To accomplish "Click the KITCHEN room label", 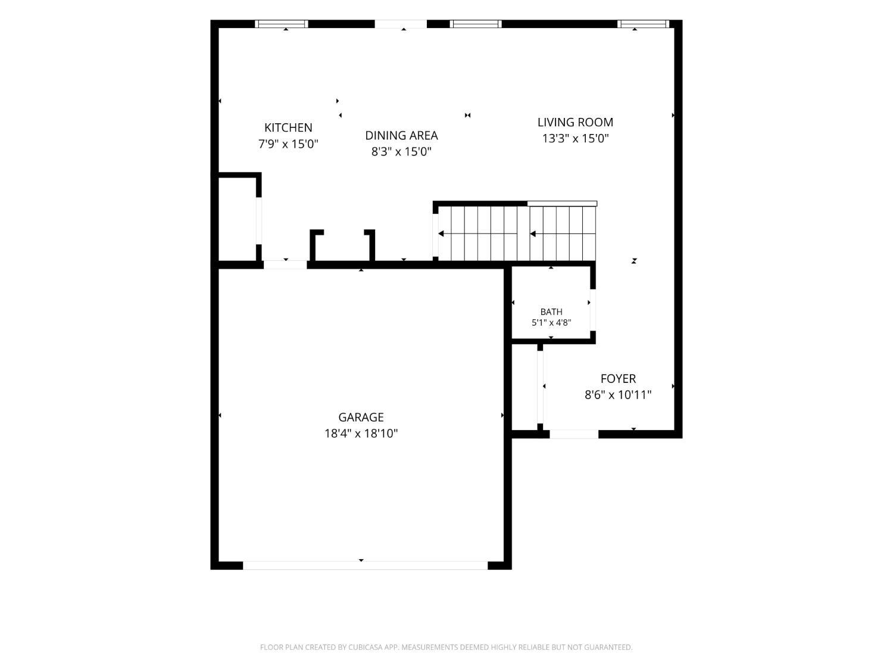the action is tap(288, 127).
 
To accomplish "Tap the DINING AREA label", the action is tap(401, 135).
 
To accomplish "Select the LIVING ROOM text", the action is tap(575, 122).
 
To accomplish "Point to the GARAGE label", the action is tap(361, 417).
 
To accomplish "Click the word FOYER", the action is tap(618, 379).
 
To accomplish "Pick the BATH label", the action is tap(551, 312).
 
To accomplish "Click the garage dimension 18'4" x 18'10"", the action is tap(361, 434).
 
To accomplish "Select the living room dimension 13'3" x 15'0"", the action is tap(575, 139).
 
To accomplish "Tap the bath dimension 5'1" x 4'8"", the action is tap(551, 323).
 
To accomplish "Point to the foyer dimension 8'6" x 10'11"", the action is tap(618, 395).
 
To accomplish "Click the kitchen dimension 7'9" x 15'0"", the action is tap(288, 144).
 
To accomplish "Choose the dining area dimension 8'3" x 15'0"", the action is tap(401, 152).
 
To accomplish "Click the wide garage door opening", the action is tap(365, 565).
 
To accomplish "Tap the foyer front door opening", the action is tap(574, 434).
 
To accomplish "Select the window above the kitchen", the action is tap(282, 24).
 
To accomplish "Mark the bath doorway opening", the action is tap(593, 310).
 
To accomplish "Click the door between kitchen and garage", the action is tap(285, 265).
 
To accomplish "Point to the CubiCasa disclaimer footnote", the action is tap(447, 647).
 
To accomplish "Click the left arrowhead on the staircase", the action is tap(441, 234).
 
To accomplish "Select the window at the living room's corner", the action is tap(643, 24).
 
